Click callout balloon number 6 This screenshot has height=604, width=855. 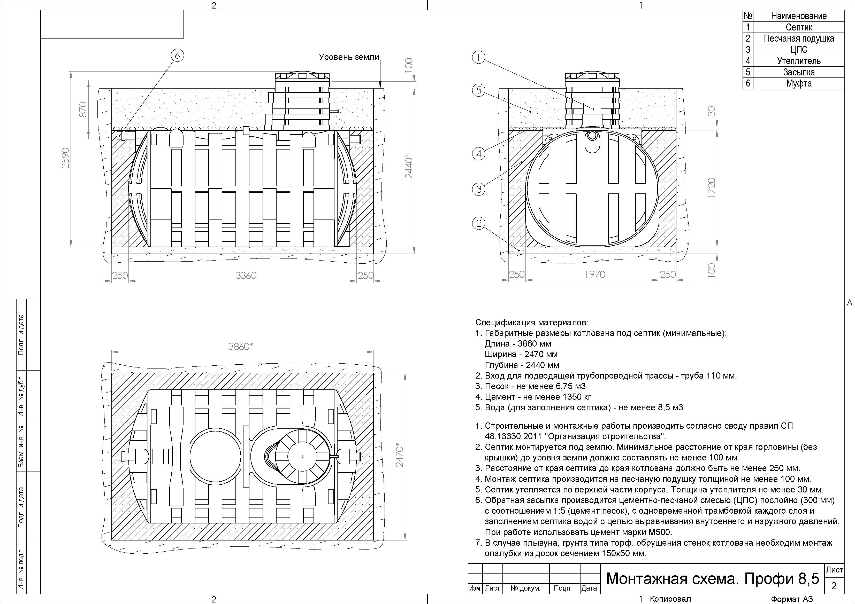tap(177, 56)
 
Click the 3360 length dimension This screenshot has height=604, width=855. tap(246, 275)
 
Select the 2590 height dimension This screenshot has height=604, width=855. tap(66, 158)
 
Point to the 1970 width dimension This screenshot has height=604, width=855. tap(595, 275)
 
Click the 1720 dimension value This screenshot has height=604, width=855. tap(711, 188)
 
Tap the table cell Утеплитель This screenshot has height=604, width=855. tap(799, 61)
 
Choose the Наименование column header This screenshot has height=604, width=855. tap(799, 16)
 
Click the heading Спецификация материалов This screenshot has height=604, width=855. tap(532, 322)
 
